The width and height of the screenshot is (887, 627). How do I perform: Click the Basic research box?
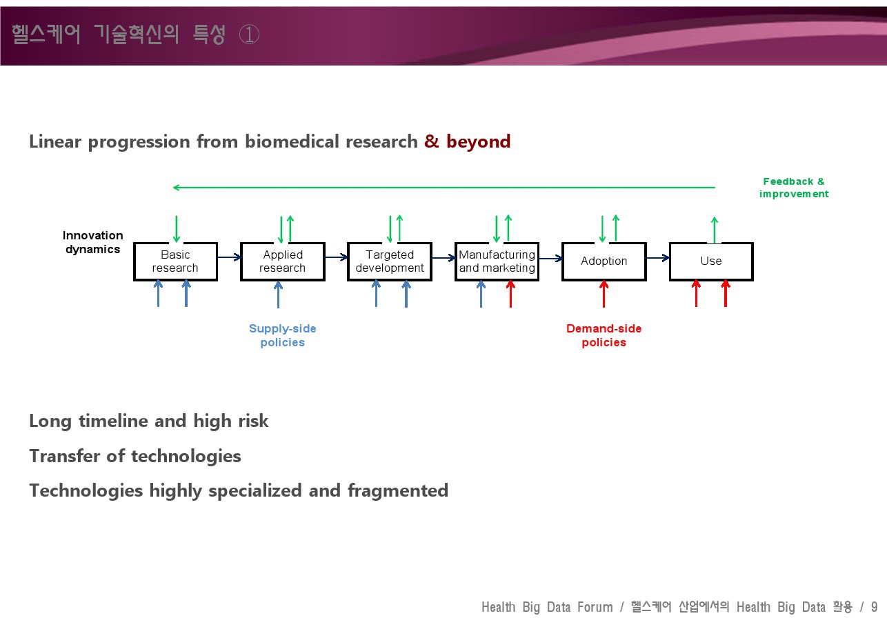(x=175, y=261)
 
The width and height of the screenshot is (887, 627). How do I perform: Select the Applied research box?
(x=283, y=261)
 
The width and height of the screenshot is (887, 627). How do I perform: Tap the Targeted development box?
(x=390, y=261)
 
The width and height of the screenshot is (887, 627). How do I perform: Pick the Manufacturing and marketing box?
(x=497, y=261)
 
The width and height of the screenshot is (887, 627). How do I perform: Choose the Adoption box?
(x=604, y=261)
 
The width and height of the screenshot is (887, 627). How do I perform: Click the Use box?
(x=711, y=261)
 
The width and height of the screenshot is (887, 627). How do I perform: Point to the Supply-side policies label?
(x=282, y=335)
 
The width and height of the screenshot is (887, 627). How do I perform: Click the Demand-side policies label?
(x=604, y=335)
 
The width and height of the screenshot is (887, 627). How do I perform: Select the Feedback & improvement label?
(x=794, y=188)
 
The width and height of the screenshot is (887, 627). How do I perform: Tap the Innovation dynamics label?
(x=92, y=242)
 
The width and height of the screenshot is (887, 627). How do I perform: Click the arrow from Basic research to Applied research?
(x=229, y=257)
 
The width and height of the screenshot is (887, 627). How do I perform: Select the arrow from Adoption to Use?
(x=658, y=258)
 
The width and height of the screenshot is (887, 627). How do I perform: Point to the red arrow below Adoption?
(x=604, y=294)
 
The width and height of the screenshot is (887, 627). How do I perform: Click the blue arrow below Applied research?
(x=279, y=295)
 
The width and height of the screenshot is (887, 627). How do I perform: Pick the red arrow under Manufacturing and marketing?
(x=511, y=294)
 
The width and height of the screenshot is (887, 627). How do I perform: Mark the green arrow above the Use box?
(x=715, y=230)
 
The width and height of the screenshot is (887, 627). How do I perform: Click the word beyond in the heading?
(x=479, y=141)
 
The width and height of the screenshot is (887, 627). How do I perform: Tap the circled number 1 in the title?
(x=249, y=34)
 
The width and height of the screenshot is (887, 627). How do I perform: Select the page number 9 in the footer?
(x=874, y=607)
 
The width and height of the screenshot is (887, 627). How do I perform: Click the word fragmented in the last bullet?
(x=398, y=491)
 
